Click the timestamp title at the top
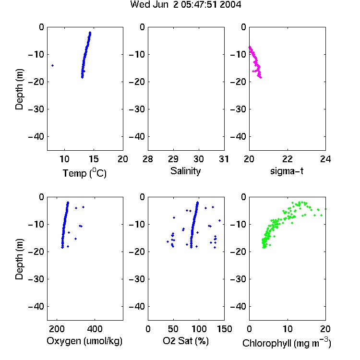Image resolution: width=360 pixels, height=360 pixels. coord(185,4)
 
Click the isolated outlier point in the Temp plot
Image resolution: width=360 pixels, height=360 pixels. coord(53,65)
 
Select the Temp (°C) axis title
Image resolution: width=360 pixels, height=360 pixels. coord(84,173)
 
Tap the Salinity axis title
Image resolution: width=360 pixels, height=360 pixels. coord(185,171)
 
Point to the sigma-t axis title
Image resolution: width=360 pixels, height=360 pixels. coord(287,171)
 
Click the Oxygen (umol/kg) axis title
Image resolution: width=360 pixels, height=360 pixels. coord(84,341)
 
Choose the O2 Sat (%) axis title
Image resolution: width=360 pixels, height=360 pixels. coord(186,341)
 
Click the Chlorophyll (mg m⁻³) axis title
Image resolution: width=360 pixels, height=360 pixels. coord(287,343)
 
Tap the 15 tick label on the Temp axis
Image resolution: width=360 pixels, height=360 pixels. coord(94,159)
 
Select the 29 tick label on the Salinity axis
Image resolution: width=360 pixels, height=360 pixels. coord(173,159)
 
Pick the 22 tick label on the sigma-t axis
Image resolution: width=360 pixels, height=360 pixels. coord(288,159)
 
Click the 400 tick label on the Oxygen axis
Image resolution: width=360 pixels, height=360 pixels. coord(95,329)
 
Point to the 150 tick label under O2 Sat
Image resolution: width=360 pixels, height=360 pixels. coord(224,329)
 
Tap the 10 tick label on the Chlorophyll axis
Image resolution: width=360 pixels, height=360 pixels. coord(288,329)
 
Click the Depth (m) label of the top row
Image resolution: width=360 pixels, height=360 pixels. coord(19,89)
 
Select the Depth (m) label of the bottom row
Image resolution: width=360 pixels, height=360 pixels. coord(19,259)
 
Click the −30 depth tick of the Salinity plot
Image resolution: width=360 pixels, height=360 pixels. coord(137,109)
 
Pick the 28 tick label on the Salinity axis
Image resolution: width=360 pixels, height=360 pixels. coord(148,159)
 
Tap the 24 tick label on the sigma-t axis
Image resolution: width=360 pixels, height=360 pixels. coord(325,159)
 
